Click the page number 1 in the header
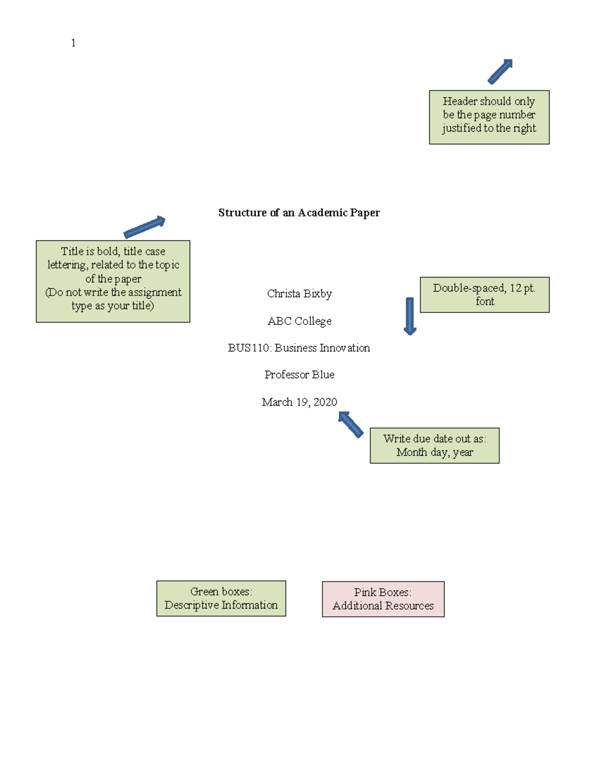click(x=73, y=43)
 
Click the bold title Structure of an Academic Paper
click(x=299, y=213)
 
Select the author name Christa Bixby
click(x=299, y=293)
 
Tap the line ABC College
click(x=299, y=321)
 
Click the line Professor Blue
click(x=299, y=375)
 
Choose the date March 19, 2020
click(x=299, y=402)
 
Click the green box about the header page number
click(x=489, y=117)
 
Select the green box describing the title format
click(x=113, y=281)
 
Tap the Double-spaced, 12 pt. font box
click(x=484, y=295)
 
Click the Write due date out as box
click(x=434, y=446)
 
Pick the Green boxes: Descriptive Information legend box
click(x=221, y=598)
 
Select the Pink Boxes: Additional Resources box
click(x=383, y=599)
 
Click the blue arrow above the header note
click(x=500, y=71)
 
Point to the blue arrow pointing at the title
click(x=144, y=227)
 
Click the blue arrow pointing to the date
click(x=351, y=424)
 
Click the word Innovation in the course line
click(x=344, y=348)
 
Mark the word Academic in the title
click(x=322, y=213)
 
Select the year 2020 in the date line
click(x=325, y=402)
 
